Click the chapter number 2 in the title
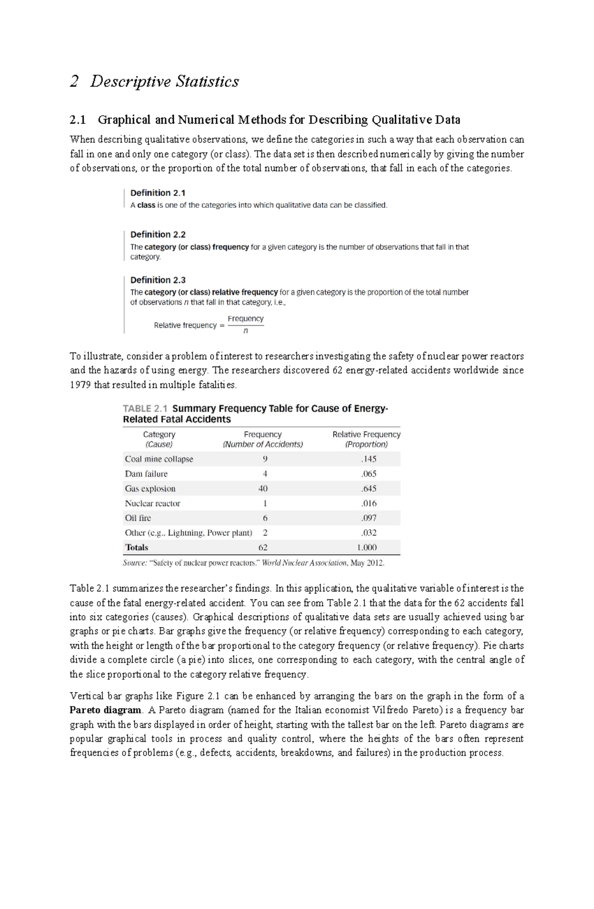74,81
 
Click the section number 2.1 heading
78,120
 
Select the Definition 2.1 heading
157,193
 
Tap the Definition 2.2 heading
157,234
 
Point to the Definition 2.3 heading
157,280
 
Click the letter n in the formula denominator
246,331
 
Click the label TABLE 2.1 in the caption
145,409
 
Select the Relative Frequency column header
366,439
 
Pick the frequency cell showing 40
263,488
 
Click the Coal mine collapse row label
159,459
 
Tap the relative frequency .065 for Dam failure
368,474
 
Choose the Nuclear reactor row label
152,503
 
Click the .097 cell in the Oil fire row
368,518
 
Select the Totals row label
137,547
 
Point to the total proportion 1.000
366,547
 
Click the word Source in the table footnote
135,563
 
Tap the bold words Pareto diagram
105,710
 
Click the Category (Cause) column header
159,439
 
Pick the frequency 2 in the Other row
265,533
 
